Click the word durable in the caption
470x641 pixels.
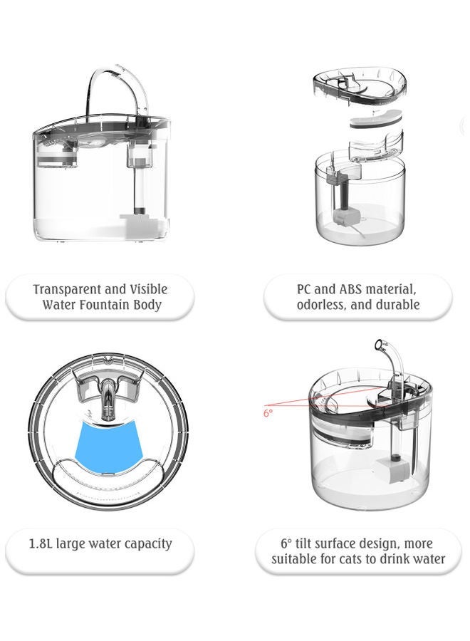click(397, 305)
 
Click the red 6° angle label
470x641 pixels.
click(268, 412)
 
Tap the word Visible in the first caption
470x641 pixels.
click(148, 289)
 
